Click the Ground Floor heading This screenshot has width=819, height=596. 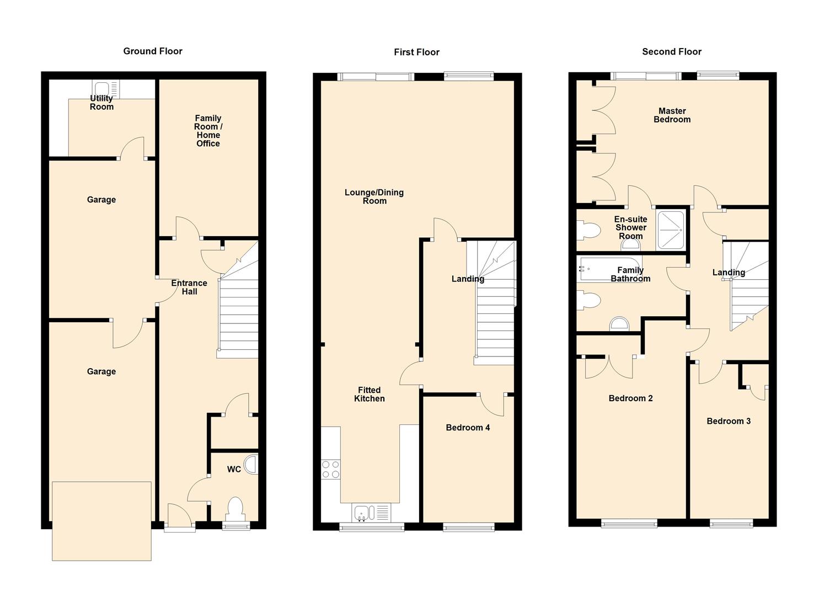153,51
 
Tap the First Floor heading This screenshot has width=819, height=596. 416,52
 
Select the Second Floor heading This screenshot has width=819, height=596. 671,52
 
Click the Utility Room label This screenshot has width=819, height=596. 101,103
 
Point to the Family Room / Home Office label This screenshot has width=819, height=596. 208,131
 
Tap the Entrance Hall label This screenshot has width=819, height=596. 189,287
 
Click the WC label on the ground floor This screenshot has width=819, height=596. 234,469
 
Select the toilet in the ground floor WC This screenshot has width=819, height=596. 235,509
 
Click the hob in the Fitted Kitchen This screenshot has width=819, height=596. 331,469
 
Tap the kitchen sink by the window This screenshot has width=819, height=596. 364,513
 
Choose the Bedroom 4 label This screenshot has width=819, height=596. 468,428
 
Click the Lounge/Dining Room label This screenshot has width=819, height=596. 374,196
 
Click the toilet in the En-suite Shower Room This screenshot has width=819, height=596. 588,230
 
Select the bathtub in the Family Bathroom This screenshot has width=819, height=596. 609,269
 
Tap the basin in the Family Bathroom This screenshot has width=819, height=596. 619,324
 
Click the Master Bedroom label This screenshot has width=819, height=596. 672,115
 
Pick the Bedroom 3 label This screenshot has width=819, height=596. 729,421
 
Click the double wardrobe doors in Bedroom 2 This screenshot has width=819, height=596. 609,366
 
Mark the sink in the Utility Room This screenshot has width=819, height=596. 102,89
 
